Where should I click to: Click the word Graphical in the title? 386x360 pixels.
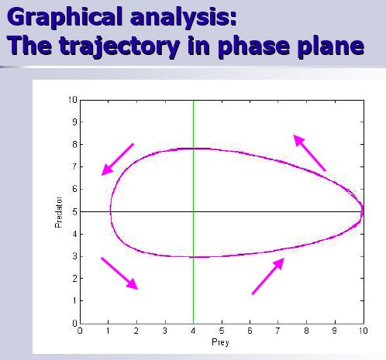click(x=64, y=18)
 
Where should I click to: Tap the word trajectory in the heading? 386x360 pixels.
click(x=119, y=46)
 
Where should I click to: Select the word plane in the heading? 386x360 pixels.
click(x=329, y=46)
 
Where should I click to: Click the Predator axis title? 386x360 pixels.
click(x=59, y=212)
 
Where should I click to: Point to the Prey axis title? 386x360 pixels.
click(x=220, y=342)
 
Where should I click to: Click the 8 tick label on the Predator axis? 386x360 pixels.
click(x=74, y=144)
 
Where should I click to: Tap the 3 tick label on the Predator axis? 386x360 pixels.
click(x=74, y=256)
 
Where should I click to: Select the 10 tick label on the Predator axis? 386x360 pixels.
click(x=73, y=100)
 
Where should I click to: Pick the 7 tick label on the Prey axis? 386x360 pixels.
click(x=277, y=331)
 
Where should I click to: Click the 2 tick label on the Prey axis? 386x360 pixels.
click(x=136, y=331)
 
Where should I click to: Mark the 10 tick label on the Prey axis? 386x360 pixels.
click(x=363, y=331)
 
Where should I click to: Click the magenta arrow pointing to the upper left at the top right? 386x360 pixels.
click(x=309, y=153)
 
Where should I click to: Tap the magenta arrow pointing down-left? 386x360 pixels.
click(x=118, y=159)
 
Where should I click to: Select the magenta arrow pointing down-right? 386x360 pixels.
click(x=119, y=273)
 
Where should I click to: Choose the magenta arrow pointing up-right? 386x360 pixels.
click(x=268, y=276)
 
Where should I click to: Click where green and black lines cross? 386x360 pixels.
click(x=194, y=211)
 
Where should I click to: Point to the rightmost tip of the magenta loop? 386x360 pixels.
click(x=363, y=211)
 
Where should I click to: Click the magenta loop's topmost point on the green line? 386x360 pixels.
click(x=194, y=149)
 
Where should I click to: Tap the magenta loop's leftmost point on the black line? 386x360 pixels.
click(x=111, y=211)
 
